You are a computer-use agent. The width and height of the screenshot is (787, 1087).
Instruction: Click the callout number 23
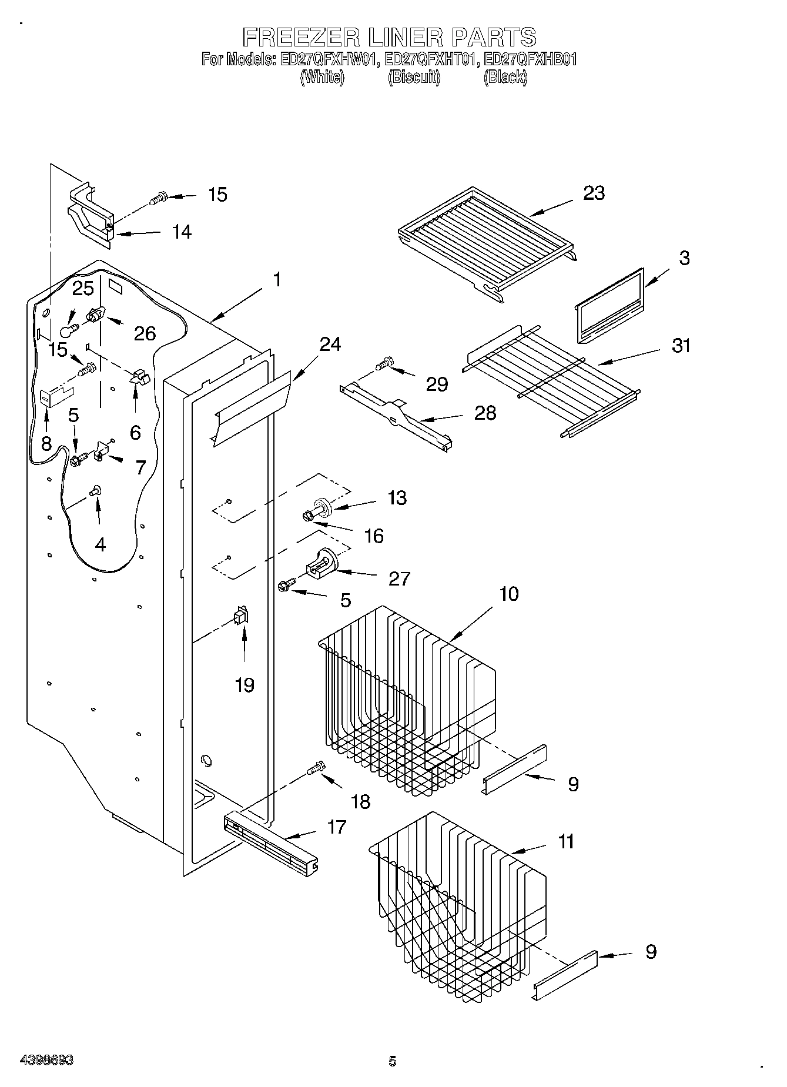click(x=594, y=193)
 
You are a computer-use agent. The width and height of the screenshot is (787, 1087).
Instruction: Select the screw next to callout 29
click(x=384, y=364)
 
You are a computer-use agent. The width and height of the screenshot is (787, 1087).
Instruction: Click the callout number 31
click(x=681, y=346)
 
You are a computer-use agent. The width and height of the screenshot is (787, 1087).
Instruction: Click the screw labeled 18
click(x=316, y=768)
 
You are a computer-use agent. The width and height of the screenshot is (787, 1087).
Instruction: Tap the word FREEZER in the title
click(x=301, y=37)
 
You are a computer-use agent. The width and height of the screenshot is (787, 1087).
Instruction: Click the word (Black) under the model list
click(x=505, y=77)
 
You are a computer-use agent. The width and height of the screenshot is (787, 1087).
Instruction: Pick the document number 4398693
click(x=46, y=1061)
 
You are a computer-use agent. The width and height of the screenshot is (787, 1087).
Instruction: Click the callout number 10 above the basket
click(x=509, y=594)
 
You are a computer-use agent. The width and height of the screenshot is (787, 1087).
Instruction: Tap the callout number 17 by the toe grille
click(x=336, y=827)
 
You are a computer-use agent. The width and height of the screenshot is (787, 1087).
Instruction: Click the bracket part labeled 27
click(x=321, y=563)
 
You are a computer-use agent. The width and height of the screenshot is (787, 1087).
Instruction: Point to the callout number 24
click(x=330, y=344)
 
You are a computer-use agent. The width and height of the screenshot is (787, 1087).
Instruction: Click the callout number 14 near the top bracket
click(x=182, y=232)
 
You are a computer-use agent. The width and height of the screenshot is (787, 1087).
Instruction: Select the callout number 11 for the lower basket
click(x=565, y=841)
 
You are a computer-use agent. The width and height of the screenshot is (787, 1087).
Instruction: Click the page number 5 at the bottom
click(x=392, y=1061)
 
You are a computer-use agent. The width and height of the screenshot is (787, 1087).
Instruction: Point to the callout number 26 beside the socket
click(x=145, y=333)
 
